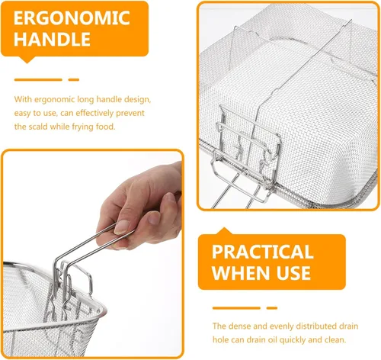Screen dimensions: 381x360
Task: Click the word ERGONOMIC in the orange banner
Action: [72, 18]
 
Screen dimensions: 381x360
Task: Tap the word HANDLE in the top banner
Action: [52, 39]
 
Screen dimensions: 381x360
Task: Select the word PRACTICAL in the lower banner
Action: [262, 252]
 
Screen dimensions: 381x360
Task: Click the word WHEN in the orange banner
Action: [242, 273]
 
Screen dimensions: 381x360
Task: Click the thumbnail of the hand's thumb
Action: [122, 227]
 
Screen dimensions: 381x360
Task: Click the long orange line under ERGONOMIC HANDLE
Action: [38, 80]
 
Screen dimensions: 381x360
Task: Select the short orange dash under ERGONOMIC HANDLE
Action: [74, 80]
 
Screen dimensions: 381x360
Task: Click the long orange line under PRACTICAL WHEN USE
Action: [236, 308]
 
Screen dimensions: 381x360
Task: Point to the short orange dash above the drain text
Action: [272, 308]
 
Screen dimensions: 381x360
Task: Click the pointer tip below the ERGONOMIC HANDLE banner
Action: [27, 62]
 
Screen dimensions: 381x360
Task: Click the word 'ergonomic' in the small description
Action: [54, 99]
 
